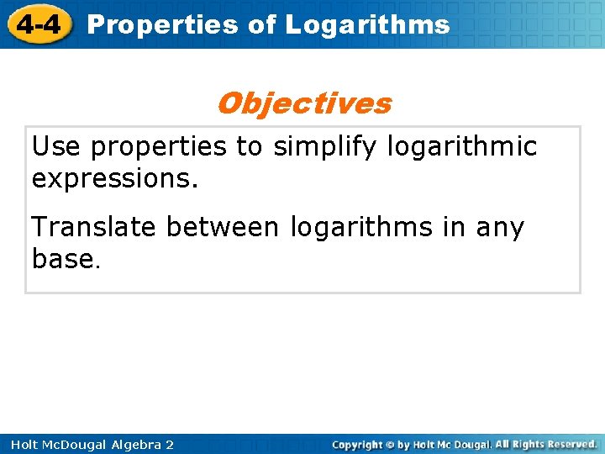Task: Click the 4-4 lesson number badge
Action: point(38,24)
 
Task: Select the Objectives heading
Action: point(303,103)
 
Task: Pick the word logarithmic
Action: point(462,147)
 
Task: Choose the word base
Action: point(64,259)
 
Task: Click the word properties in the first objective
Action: point(159,148)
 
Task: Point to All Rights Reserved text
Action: point(545,444)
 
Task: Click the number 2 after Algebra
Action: point(170,444)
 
